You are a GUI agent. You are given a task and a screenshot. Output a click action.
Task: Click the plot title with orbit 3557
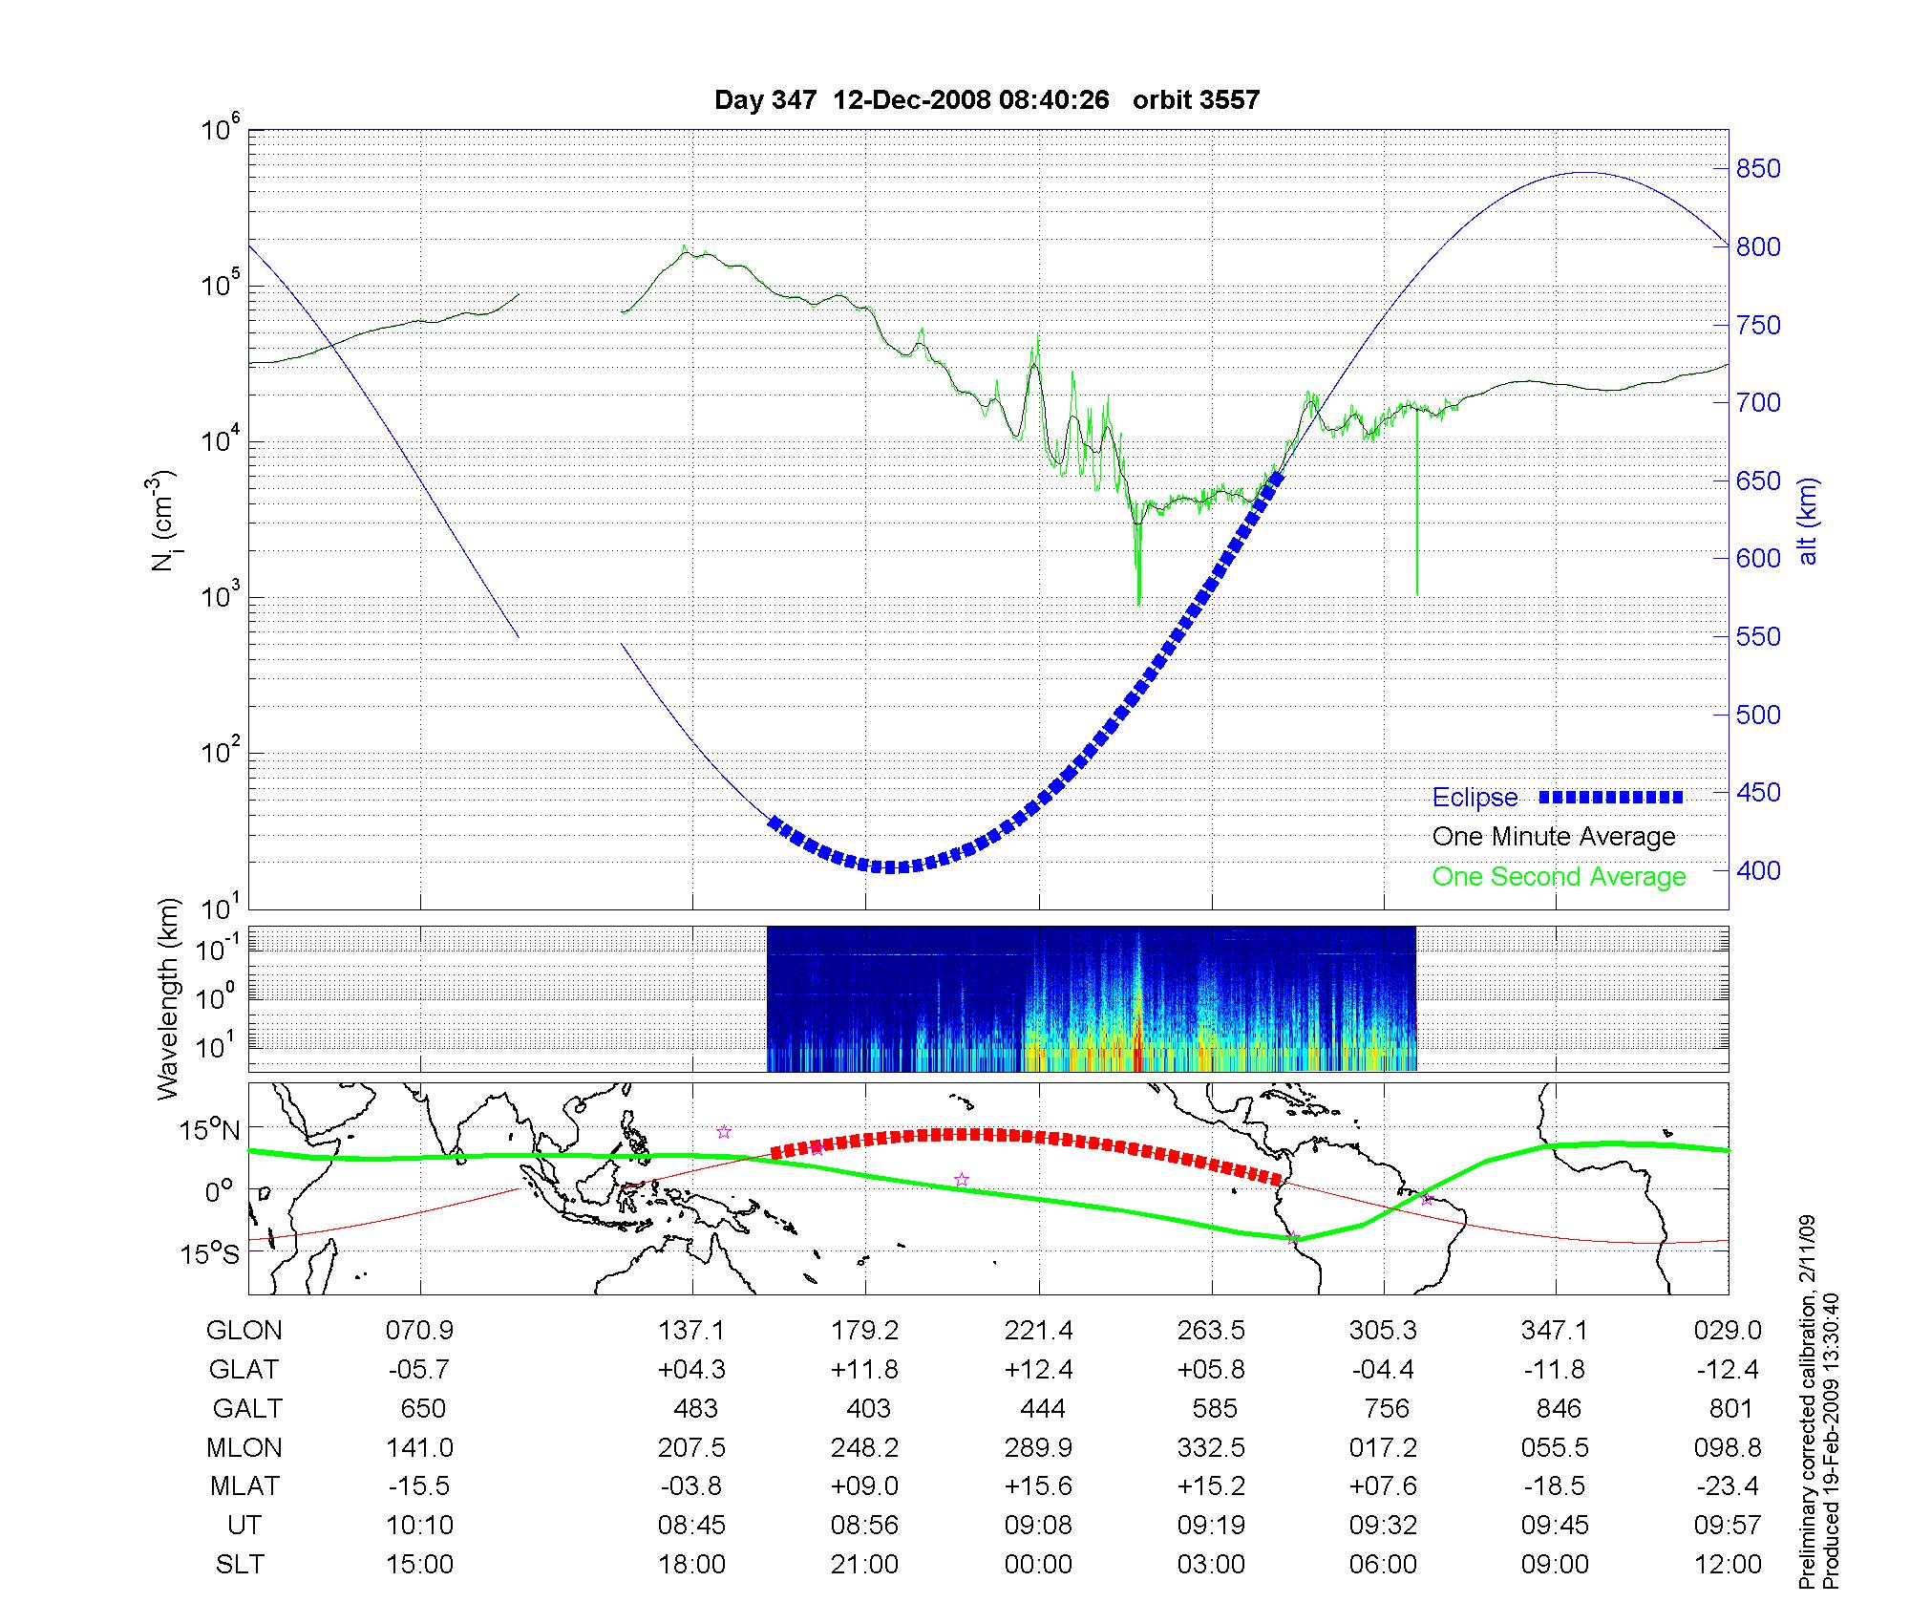(987, 99)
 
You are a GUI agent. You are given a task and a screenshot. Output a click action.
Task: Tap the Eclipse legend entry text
(1475, 798)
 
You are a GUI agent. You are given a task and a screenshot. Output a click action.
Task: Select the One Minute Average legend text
(1554, 837)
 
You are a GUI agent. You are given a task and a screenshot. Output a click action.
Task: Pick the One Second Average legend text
(1559, 877)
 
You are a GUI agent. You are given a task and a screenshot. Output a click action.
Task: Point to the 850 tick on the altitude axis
(1758, 169)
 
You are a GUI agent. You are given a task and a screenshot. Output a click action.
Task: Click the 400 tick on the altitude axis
(1758, 870)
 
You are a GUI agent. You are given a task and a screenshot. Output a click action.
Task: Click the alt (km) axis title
(1808, 521)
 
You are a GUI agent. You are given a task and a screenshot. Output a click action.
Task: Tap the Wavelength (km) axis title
(168, 998)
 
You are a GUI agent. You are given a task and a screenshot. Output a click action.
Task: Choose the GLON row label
(244, 1331)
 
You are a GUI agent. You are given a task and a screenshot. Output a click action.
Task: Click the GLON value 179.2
(865, 1331)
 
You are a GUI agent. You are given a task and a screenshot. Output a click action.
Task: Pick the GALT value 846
(1558, 1409)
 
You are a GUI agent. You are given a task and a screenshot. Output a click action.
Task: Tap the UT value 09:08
(1038, 1526)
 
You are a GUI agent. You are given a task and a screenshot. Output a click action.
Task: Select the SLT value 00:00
(1038, 1565)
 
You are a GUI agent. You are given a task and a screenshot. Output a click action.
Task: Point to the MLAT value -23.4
(1728, 1486)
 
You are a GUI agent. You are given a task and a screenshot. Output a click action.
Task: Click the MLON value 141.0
(419, 1448)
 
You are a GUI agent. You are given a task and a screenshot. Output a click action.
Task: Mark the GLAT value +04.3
(691, 1370)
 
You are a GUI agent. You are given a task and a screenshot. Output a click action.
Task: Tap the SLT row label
(240, 1565)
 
